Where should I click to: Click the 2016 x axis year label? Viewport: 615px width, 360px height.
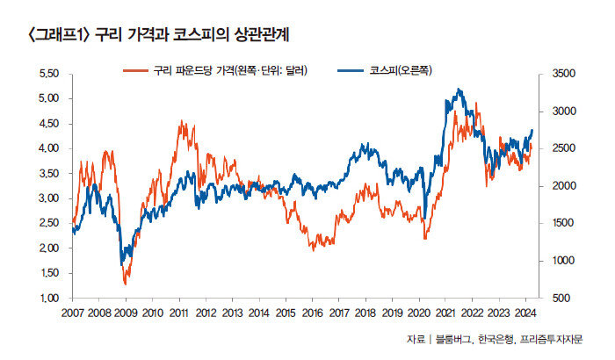click(313, 313)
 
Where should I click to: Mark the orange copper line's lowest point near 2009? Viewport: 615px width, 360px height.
click(126, 284)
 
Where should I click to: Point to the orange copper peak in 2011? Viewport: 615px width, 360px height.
click(180, 122)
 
